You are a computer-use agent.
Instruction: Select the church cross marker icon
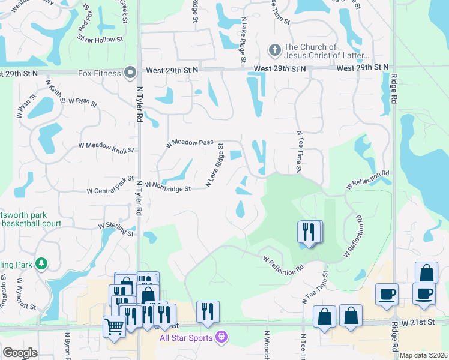point(274,50)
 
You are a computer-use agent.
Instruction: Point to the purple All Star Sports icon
point(221,337)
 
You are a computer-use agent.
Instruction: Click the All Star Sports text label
point(186,338)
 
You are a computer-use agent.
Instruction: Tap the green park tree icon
point(41,263)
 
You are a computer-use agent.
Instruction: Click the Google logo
point(20,353)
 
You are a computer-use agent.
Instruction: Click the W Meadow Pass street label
point(190,143)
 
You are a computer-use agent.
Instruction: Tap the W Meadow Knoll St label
point(106,148)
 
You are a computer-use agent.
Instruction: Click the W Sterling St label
point(116,229)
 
